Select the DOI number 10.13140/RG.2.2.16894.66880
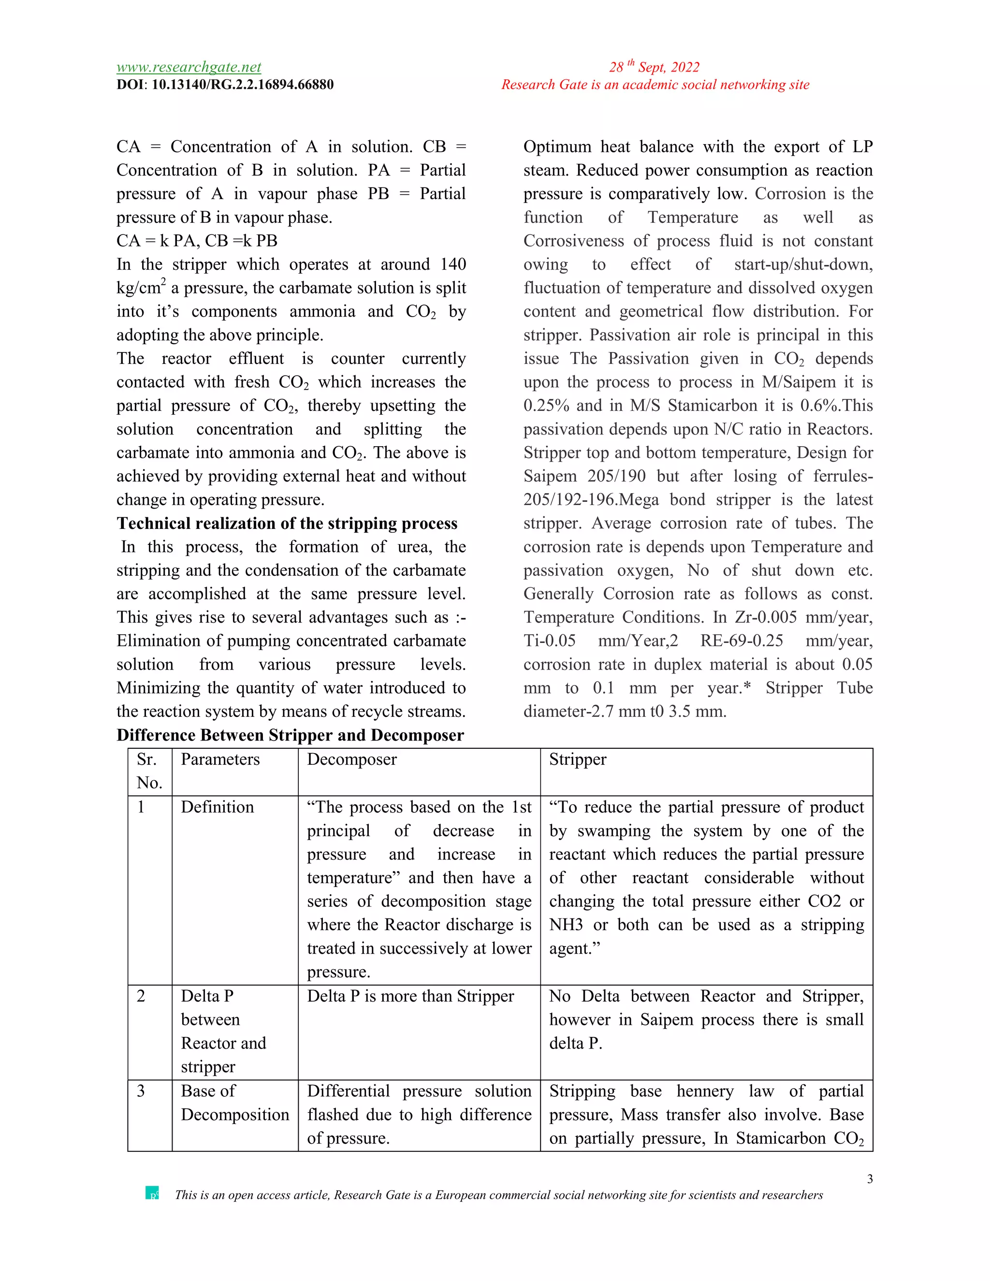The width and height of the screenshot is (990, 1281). coord(242,85)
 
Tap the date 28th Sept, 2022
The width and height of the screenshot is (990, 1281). coord(654,67)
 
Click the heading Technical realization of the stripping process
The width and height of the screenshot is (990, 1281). coord(287,523)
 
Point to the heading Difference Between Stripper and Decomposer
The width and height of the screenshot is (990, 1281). coord(290,735)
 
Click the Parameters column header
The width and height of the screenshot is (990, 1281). coord(220,759)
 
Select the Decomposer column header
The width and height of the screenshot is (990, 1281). coord(351,759)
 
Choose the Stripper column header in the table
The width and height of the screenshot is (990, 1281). coord(577,759)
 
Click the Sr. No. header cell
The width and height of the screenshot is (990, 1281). coord(149,771)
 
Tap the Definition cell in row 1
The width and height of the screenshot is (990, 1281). coord(217,807)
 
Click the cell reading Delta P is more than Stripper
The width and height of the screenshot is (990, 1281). coord(410,996)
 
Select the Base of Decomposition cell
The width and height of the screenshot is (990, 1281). coord(234,1103)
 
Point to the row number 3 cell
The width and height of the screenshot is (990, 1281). coord(141,1091)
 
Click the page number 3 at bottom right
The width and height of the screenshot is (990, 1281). coord(870,1179)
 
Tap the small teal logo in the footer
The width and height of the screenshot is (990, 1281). coord(152,1193)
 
